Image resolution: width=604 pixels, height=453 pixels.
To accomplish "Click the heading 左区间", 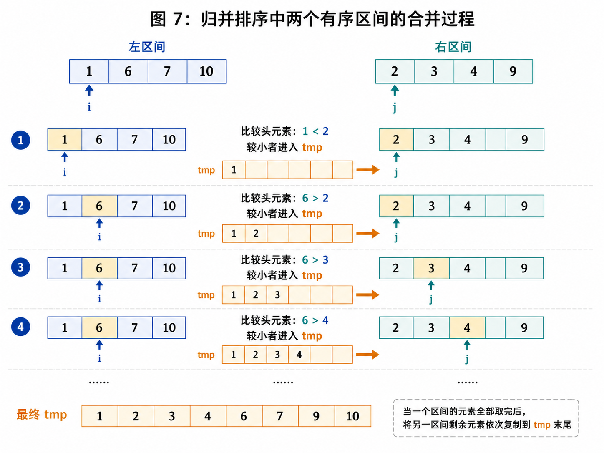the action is pyautogui.click(x=147, y=47).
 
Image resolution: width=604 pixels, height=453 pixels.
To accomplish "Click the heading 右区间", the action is pyautogui.click(x=453, y=47).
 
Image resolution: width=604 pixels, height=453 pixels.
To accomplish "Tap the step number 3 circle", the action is pyautogui.click(x=20, y=267).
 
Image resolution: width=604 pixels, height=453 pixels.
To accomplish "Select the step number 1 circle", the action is pyautogui.click(x=20, y=140).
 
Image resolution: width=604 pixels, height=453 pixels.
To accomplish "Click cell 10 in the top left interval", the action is pyautogui.click(x=206, y=71).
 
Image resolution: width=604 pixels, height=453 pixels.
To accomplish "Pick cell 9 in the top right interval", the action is pyautogui.click(x=513, y=71).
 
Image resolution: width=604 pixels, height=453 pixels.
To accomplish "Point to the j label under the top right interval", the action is pyautogui.click(x=395, y=107).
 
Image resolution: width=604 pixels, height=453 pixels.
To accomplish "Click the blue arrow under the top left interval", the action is pyautogui.click(x=89, y=90).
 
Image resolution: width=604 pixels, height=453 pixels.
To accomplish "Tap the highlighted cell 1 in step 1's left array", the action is pyautogui.click(x=65, y=139).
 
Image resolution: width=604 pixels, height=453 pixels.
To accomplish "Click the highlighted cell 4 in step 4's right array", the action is pyautogui.click(x=467, y=327).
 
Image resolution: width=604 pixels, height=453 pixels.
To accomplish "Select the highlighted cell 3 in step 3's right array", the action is pyautogui.click(x=431, y=268).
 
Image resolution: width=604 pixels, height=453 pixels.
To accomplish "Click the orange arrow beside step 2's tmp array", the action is pyautogui.click(x=368, y=234).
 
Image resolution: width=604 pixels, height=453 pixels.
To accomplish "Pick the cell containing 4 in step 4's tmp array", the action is pyautogui.click(x=299, y=355).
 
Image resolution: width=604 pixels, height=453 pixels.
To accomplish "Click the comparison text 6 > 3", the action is pyautogui.click(x=315, y=259).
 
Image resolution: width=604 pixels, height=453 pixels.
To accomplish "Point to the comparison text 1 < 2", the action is pyautogui.click(x=315, y=131).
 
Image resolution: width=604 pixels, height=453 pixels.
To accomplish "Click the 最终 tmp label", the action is pyautogui.click(x=42, y=415).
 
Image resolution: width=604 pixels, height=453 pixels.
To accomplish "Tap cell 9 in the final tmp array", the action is pyautogui.click(x=317, y=416).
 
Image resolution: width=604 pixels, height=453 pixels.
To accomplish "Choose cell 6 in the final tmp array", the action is pyautogui.click(x=244, y=416).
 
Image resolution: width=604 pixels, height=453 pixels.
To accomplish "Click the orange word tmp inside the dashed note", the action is pyautogui.click(x=542, y=425).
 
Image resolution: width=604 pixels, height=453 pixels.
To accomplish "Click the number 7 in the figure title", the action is pyautogui.click(x=178, y=19).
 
